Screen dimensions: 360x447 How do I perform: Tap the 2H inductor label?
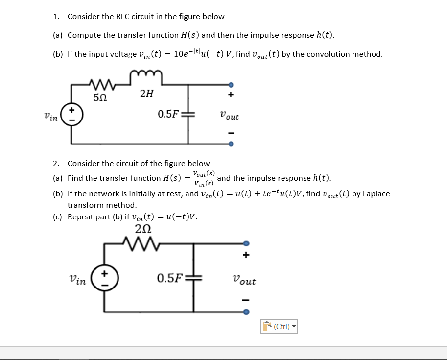(145, 94)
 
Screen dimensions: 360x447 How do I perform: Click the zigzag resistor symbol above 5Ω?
(100, 82)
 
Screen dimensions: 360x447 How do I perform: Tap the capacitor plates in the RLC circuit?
(188, 115)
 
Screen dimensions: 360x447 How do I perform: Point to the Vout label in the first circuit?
(229, 116)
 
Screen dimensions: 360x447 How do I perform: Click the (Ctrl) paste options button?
(280, 326)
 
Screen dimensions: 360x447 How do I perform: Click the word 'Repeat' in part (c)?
(80, 216)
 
